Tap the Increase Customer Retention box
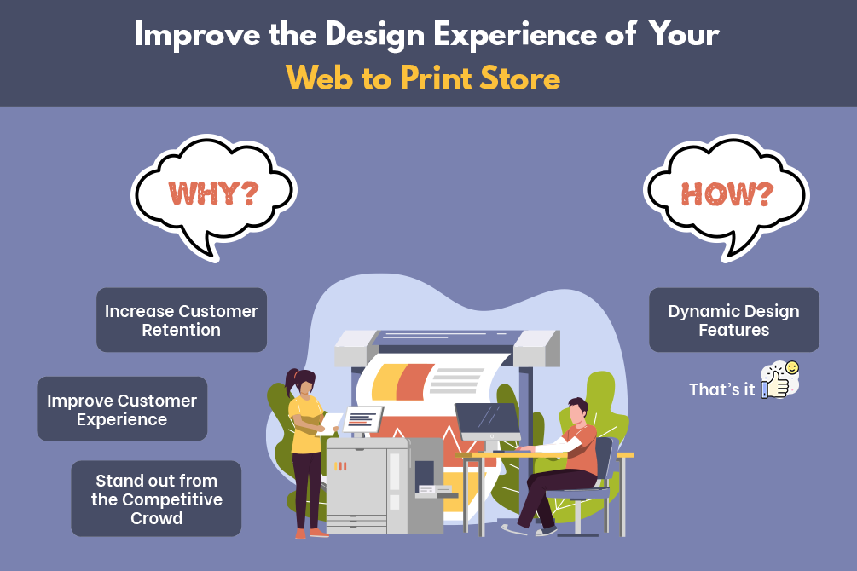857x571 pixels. pyautogui.click(x=182, y=320)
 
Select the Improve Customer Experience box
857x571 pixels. pyautogui.click(x=122, y=409)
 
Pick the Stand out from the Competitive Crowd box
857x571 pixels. pyautogui.click(x=156, y=499)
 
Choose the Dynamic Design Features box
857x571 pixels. pyautogui.click(x=734, y=320)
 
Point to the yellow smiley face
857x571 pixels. pyautogui.click(x=792, y=367)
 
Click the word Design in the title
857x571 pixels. pyautogui.click(x=375, y=36)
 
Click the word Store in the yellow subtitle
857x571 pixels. pyautogui.click(x=520, y=78)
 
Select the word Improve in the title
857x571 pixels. pyautogui.click(x=198, y=36)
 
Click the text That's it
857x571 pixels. pyautogui.click(x=721, y=389)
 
